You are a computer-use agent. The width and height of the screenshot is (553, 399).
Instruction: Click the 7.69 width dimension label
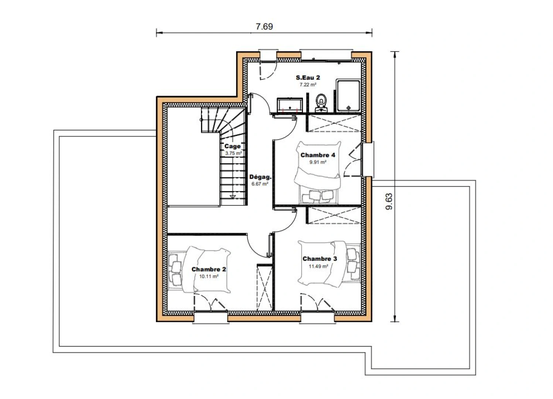click(264, 27)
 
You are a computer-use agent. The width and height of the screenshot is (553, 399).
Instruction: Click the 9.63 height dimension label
click(389, 201)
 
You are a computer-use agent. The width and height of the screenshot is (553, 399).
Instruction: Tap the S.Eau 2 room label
click(308, 78)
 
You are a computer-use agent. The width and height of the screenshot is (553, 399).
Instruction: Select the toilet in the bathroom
click(321, 103)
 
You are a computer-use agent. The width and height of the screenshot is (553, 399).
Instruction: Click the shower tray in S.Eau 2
click(348, 96)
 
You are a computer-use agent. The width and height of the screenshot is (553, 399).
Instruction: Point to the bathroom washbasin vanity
click(290, 105)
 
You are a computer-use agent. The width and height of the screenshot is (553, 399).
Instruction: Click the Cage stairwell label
click(232, 146)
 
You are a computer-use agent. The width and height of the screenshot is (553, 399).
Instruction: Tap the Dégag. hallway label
click(260, 177)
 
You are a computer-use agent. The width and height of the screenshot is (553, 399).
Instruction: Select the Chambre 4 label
click(318, 155)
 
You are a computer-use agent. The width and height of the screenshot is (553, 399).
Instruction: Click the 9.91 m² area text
click(318, 162)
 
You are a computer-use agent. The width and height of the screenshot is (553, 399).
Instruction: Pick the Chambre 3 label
click(320, 259)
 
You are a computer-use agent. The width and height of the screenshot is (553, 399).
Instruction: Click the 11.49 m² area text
click(318, 266)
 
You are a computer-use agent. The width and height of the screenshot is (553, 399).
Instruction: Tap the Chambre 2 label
click(209, 269)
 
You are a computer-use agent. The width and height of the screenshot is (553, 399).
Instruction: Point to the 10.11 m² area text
click(209, 276)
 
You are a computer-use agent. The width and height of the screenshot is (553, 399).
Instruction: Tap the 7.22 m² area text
click(308, 85)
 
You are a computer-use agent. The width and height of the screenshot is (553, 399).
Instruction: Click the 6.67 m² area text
click(260, 184)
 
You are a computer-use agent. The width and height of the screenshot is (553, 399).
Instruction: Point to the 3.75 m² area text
click(233, 153)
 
